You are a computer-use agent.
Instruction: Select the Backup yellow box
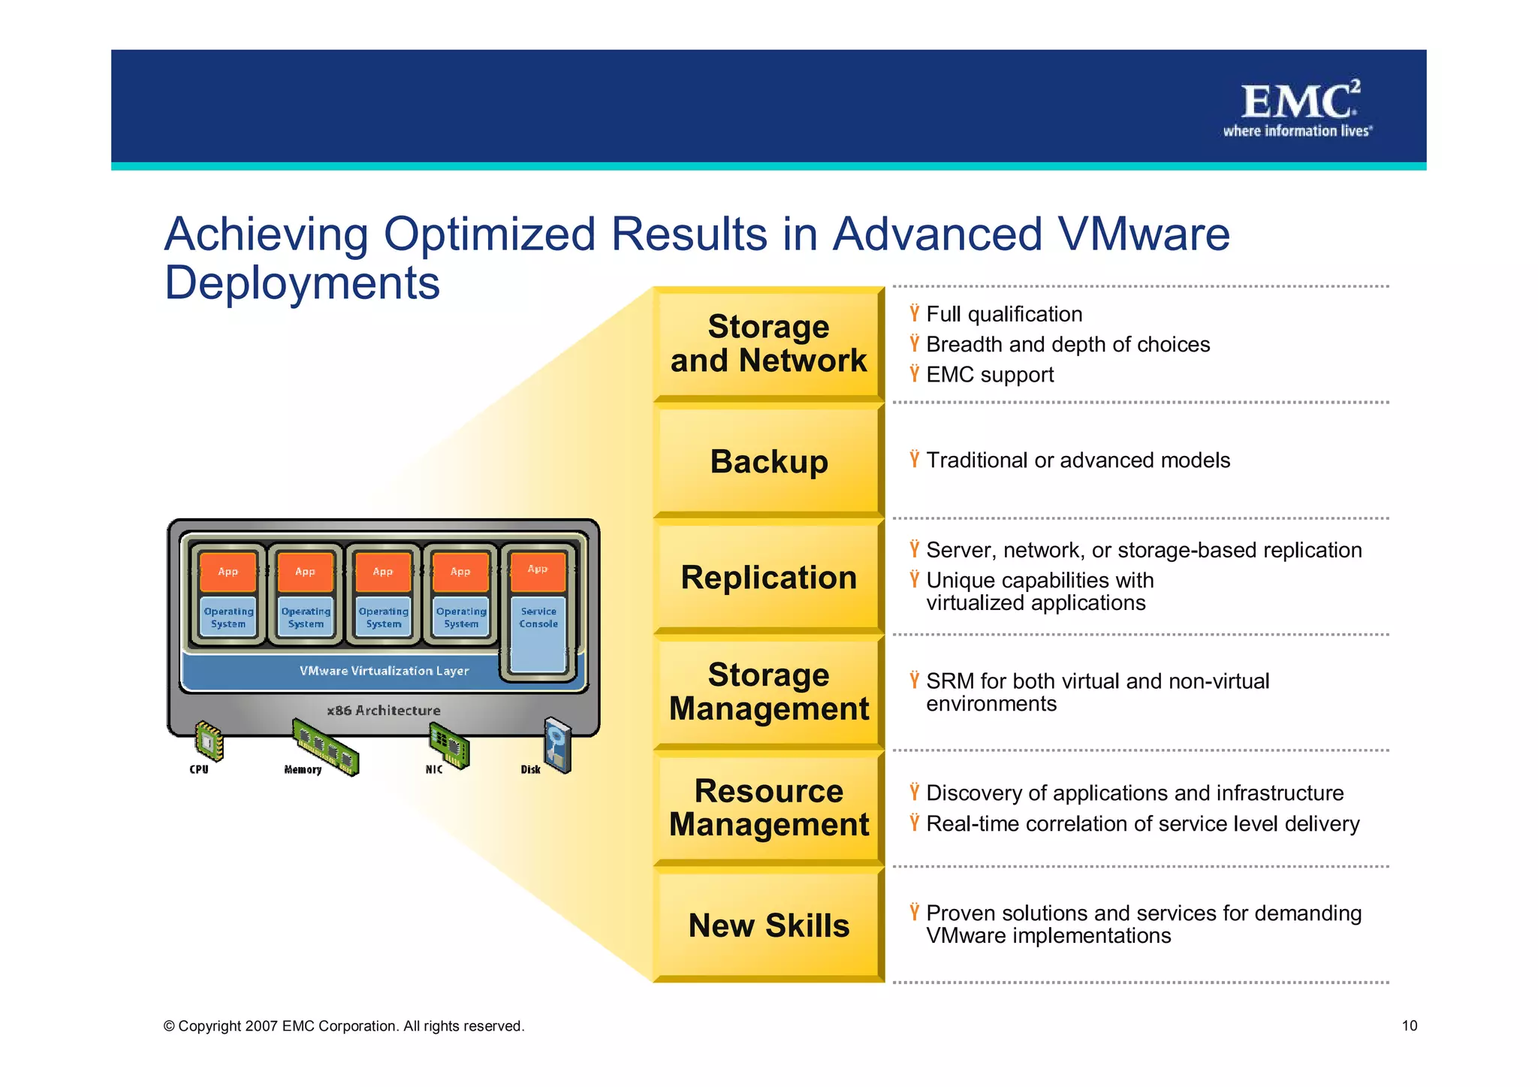[768, 460]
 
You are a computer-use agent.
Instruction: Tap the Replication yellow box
[768, 577]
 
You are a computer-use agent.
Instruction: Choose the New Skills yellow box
[768, 925]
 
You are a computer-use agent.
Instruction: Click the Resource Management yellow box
[768, 808]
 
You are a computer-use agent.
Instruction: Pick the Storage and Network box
[768, 343]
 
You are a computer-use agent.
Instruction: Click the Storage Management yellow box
[768, 691]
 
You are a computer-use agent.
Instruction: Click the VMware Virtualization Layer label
[384, 671]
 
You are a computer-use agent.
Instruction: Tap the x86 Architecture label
[384, 711]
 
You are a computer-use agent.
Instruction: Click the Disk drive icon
[558, 744]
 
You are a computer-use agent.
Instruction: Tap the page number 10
[1409, 1026]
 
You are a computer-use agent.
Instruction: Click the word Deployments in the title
[302, 282]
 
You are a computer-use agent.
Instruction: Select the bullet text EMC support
[989, 375]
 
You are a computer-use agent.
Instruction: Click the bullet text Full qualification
[1003, 314]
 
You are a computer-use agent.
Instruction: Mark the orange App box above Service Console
[538, 570]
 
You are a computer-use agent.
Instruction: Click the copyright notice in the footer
[344, 1026]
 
